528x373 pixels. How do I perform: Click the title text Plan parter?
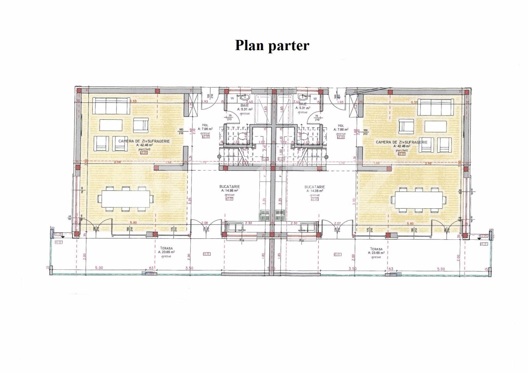point(272,45)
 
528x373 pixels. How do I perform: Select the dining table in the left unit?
point(126,199)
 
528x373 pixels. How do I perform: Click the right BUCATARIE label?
point(314,187)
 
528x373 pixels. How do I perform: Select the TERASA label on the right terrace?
point(376,249)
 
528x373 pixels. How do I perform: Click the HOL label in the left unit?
point(205,125)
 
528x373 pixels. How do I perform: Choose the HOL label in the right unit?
point(341,126)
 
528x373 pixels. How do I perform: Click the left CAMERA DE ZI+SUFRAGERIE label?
point(144,141)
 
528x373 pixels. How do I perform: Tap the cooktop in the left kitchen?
point(265,215)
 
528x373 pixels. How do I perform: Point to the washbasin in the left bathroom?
point(245,97)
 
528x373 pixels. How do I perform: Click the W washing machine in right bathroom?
point(315,98)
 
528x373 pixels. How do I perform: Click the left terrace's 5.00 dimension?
point(99,268)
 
